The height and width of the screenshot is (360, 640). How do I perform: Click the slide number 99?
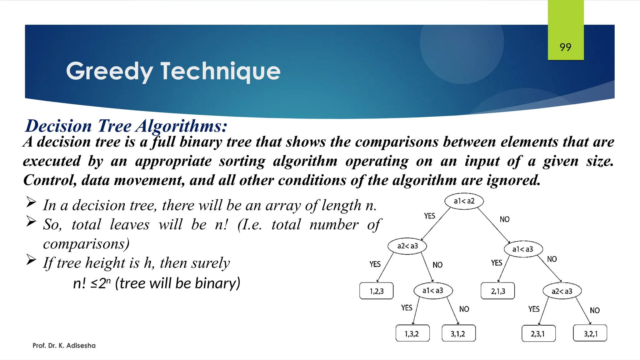point(565,47)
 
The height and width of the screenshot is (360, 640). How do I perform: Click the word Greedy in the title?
point(109,71)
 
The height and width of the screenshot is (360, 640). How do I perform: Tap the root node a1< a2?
point(464,201)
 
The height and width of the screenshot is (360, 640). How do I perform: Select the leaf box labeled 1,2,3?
point(376,291)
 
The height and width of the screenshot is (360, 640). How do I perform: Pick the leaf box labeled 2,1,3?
point(497,291)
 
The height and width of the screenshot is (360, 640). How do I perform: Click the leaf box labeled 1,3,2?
point(412,333)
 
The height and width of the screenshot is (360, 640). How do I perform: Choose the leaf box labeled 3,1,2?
point(458,333)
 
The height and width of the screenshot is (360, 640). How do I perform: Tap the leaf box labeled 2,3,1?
point(538,333)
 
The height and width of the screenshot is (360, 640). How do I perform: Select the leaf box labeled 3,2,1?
point(590,333)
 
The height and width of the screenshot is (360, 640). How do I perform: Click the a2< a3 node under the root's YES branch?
point(407,246)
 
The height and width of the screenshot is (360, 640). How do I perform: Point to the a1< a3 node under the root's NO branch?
point(523,249)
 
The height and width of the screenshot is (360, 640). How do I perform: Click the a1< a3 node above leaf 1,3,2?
point(433,291)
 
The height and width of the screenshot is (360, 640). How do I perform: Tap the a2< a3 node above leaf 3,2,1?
point(562,291)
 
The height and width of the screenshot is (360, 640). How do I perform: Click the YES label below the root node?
point(429,216)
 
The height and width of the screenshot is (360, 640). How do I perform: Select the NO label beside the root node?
point(504,219)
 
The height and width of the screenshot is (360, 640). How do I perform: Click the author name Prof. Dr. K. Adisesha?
point(64,345)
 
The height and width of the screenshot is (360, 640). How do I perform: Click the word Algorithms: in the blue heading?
point(181,126)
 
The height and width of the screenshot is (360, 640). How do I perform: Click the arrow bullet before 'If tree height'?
point(31,259)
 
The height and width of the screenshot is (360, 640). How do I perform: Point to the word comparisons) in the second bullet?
point(86,244)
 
